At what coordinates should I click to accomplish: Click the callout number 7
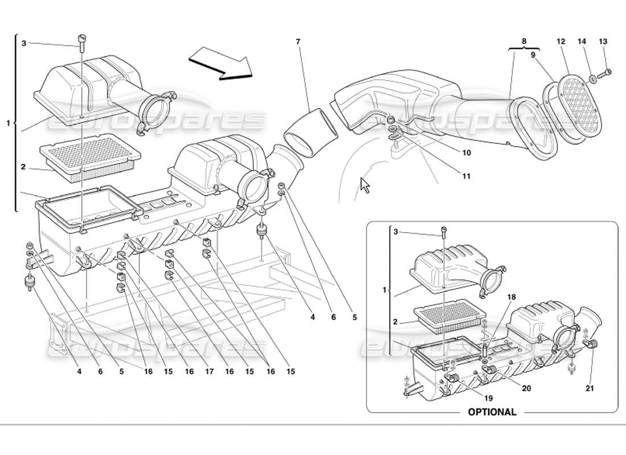[298, 41]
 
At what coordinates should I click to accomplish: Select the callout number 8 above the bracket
[524, 41]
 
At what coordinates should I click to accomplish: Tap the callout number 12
[561, 41]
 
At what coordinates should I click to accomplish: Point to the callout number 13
[603, 41]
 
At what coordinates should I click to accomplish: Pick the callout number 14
[582, 41]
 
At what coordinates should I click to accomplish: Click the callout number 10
[466, 153]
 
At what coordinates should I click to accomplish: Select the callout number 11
[466, 176]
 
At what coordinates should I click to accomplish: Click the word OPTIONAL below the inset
[492, 412]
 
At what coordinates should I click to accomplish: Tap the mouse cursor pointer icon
[365, 185]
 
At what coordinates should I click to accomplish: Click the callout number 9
[533, 56]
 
